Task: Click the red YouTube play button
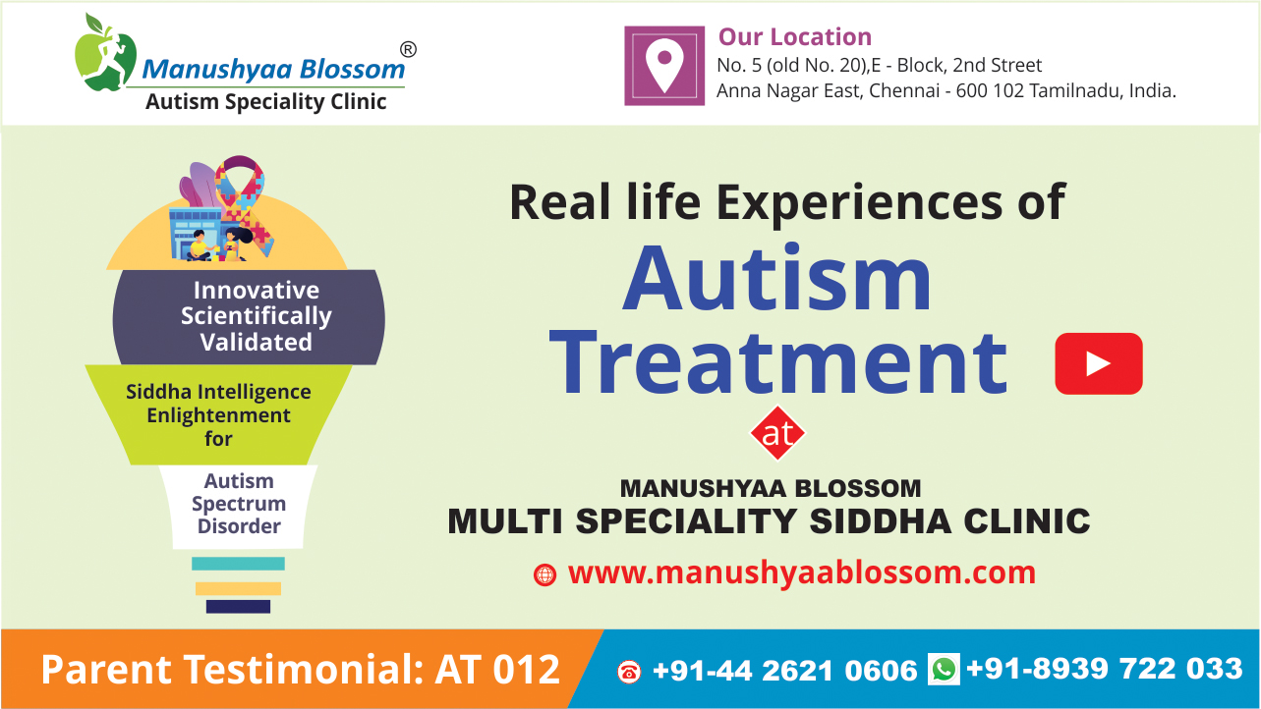1098,363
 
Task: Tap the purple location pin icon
664,66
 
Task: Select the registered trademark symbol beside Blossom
408,49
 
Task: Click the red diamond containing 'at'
777,433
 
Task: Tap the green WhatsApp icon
944,669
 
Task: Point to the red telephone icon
629,672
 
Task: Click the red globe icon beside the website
545,574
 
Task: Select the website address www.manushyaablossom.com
802,573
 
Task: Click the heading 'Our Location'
795,37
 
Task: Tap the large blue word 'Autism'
777,278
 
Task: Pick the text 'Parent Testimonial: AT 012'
301,669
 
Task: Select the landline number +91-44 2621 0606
784,671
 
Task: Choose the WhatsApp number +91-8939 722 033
1105,669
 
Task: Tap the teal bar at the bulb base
238,564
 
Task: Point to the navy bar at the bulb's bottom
238,607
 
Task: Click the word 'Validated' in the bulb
257,342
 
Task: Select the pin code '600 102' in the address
990,90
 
